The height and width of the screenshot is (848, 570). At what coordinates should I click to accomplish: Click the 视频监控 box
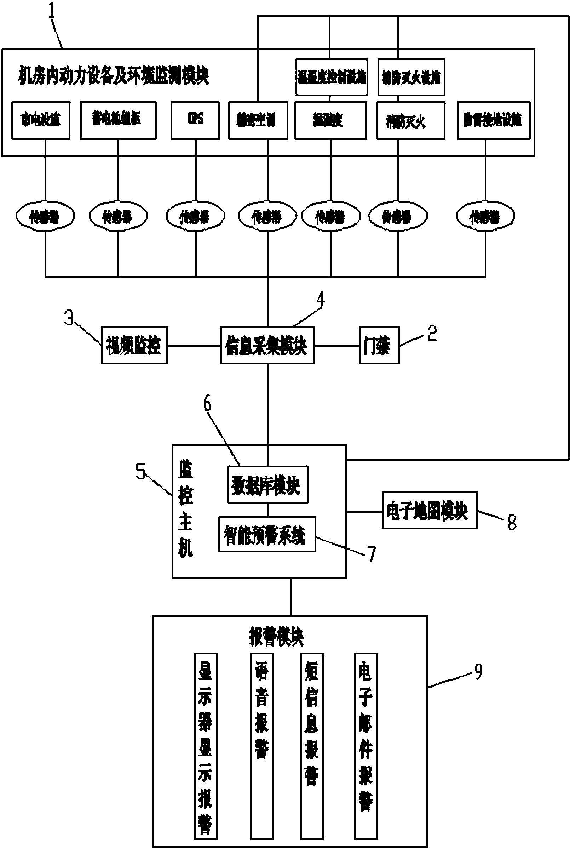click(x=134, y=345)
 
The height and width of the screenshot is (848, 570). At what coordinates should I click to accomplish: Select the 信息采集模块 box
click(x=267, y=345)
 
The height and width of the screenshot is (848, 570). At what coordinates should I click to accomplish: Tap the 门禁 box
click(x=379, y=345)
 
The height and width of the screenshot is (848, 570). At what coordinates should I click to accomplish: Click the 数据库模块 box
click(x=267, y=485)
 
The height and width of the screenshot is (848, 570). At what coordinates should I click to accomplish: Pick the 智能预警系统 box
click(x=267, y=534)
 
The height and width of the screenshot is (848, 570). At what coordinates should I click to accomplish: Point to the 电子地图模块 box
click(x=429, y=510)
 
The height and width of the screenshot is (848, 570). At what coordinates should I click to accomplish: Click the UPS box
click(x=195, y=120)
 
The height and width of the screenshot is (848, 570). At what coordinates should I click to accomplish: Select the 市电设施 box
click(x=41, y=120)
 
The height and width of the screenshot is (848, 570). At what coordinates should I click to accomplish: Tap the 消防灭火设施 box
click(x=411, y=77)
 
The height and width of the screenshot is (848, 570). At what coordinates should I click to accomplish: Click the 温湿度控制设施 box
click(x=332, y=77)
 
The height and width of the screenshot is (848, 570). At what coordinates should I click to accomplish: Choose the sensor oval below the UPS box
click(x=195, y=217)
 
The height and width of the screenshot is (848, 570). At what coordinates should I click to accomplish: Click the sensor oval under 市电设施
click(x=45, y=217)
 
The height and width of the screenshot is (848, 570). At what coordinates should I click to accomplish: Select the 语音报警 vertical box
click(x=262, y=746)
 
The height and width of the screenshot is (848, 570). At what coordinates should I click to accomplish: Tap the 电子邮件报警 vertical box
click(x=366, y=746)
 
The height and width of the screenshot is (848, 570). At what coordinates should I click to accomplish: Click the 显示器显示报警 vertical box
click(x=206, y=746)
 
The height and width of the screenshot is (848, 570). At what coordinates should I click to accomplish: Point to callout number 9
click(x=478, y=671)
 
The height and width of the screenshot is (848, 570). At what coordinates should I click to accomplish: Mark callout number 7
click(x=372, y=554)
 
